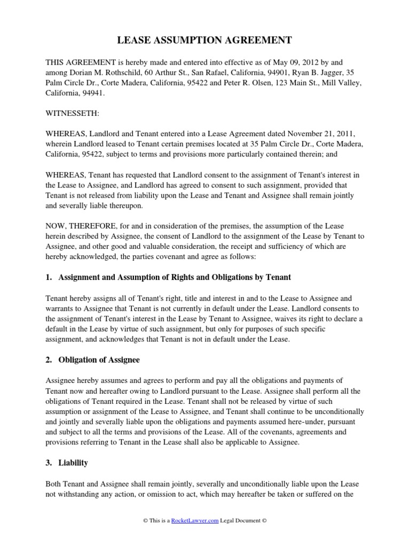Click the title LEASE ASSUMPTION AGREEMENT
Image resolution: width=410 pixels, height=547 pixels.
coord(204,40)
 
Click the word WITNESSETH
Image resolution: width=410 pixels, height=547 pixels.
coord(67,114)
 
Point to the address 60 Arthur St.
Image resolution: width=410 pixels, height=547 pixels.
coord(171,73)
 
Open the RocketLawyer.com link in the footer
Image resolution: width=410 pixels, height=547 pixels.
coord(194,520)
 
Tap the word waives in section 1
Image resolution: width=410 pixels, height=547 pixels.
coord(274,319)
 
